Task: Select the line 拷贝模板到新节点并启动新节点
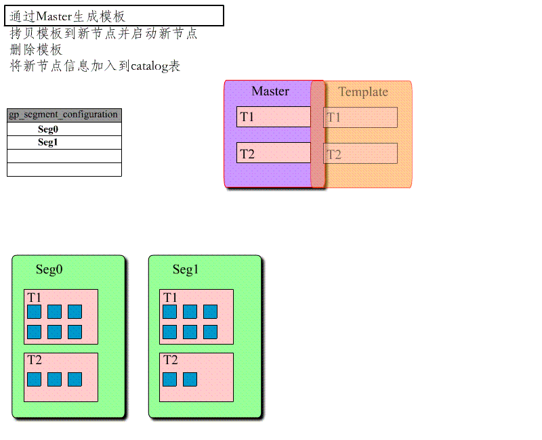(x=104, y=33)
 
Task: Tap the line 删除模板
(x=37, y=49)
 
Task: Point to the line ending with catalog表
(x=95, y=66)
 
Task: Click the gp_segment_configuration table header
(x=64, y=115)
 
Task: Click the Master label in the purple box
(x=270, y=91)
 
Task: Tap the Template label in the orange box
(x=363, y=92)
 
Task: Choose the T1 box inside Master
(x=273, y=117)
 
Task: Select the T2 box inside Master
(x=273, y=154)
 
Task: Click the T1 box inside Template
(x=360, y=118)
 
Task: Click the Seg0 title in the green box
(x=49, y=269)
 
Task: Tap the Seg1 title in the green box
(x=186, y=269)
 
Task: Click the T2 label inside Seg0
(x=35, y=360)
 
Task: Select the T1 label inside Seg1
(x=170, y=298)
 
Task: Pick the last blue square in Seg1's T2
(x=190, y=379)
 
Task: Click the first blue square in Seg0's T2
(x=34, y=379)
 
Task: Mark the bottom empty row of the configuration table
(x=64, y=169)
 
